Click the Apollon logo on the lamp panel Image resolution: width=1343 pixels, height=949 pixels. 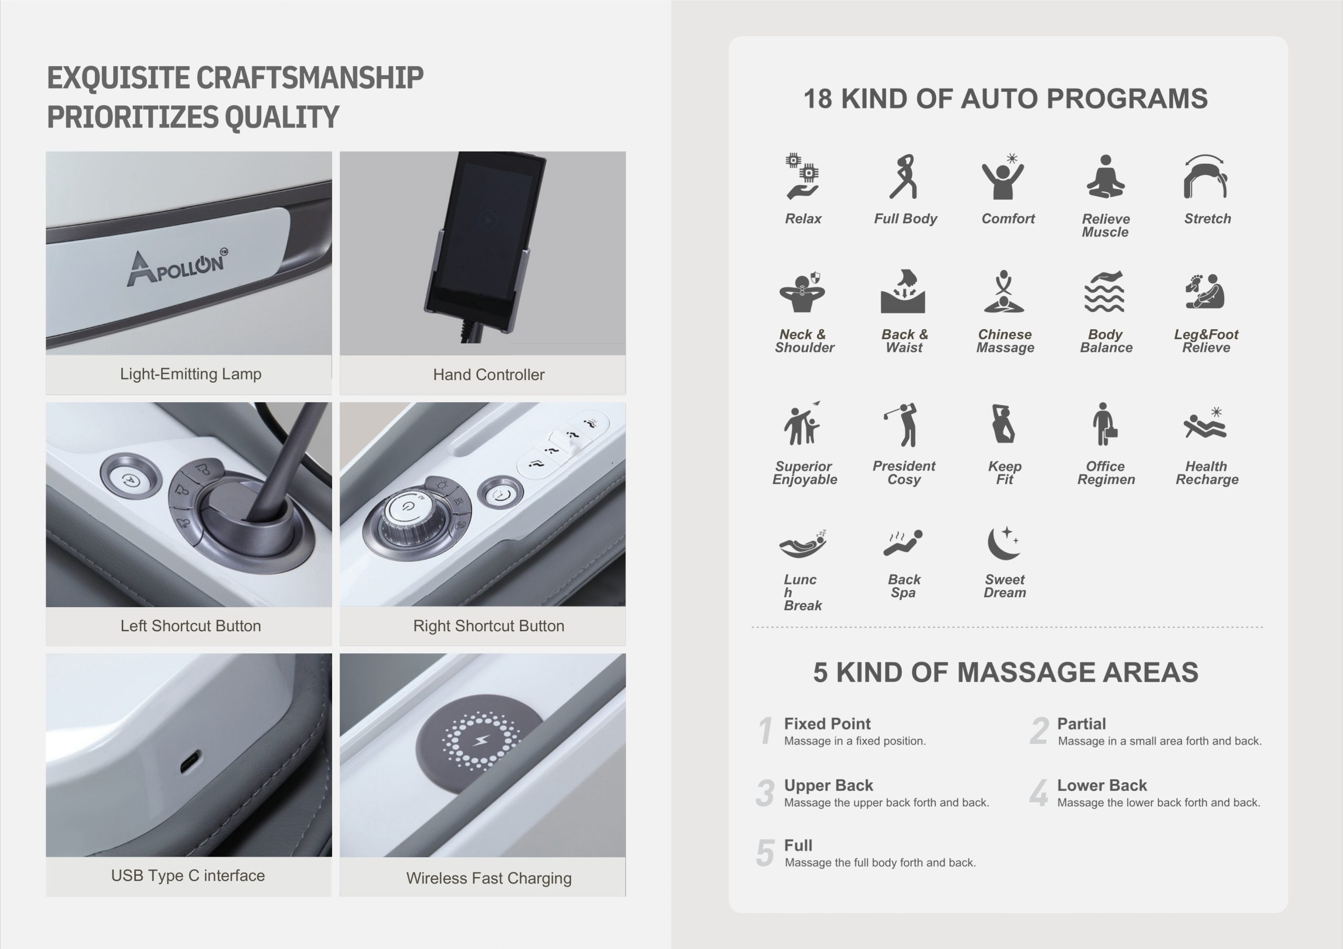177,267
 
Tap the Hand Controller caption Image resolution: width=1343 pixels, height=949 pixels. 488,374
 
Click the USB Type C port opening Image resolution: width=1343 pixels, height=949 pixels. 189,762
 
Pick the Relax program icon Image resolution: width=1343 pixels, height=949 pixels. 802,176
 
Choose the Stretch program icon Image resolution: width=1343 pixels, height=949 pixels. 1206,177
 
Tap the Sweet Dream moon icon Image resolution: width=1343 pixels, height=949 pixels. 1003,543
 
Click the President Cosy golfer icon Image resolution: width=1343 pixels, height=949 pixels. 902,425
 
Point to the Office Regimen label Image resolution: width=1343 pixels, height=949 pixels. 1105,472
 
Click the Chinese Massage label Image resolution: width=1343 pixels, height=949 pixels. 1005,341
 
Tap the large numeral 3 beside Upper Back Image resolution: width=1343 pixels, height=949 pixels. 765,793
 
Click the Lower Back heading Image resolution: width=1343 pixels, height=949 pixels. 1102,785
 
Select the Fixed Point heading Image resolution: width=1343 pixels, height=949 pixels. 827,724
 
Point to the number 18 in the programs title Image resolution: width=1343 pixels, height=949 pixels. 817,99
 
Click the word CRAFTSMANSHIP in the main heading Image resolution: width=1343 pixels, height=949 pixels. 310,78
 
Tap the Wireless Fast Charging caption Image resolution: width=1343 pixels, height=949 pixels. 488,878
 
